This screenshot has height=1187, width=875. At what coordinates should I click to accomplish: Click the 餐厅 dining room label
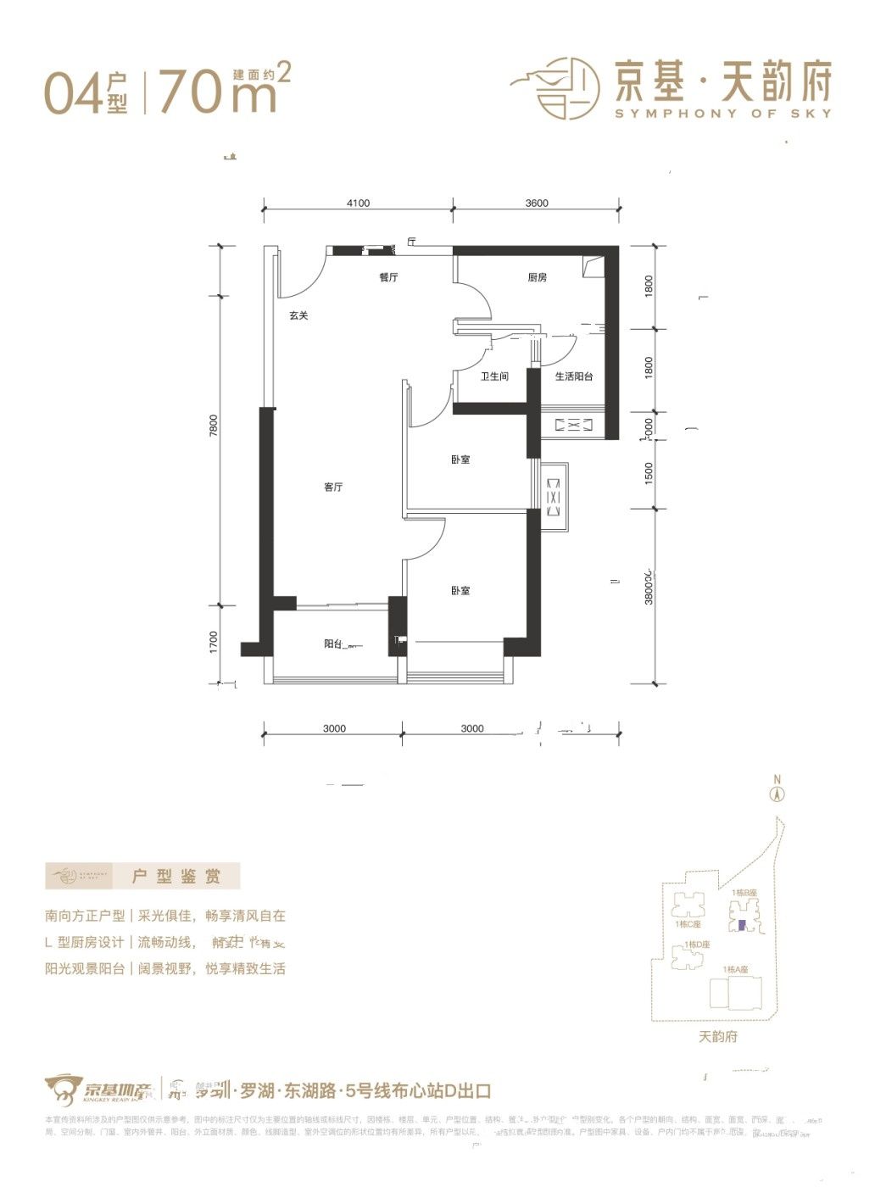pyautogui.click(x=388, y=277)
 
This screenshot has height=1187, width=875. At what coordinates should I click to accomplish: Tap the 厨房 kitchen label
pyautogui.click(x=537, y=277)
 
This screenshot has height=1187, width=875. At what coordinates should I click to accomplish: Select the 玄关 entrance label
pyautogui.click(x=298, y=315)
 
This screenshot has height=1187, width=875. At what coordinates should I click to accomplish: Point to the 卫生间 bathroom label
pyautogui.click(x=494, y=376)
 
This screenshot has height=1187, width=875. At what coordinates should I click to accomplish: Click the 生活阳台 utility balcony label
pyautogui.click(x=574, y=376)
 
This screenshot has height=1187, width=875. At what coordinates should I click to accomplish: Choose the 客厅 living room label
pyautogui.click(x=333, y=488)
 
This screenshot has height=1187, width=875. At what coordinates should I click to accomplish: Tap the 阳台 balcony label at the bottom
pyautogui.click(x=333, y=644)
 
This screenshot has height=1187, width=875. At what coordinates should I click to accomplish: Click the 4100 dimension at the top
pyautogui.click(x=358, y=203)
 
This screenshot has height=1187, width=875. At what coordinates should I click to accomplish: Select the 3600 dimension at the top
pyautogui.click(x=537, y=203)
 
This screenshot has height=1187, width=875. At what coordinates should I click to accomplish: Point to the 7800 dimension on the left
pyautogui.click(x=215, y=424)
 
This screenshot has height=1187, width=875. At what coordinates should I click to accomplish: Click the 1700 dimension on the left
pyautogui.click(x=215, y=642)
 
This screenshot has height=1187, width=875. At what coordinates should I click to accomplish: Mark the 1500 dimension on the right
pyautogui.click(x=649, y=472)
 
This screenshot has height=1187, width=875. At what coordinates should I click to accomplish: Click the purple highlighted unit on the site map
pyautogui.click(x=742, y=926)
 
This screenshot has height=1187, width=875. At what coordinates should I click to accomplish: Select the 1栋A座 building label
pyautogui.click(x=736, y=969)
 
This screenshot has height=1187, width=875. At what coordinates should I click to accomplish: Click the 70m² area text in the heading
pyautogui.click(x=224, y=92)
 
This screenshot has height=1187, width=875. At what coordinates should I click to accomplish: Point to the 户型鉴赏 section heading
pyautogui.click(x=176, y=876)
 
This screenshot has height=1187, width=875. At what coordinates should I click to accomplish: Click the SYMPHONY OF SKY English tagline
pyautogui.click(x=723, y=114)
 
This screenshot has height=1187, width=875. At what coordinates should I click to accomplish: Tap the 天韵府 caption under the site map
pyautogui.click(x=718, y=1036)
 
